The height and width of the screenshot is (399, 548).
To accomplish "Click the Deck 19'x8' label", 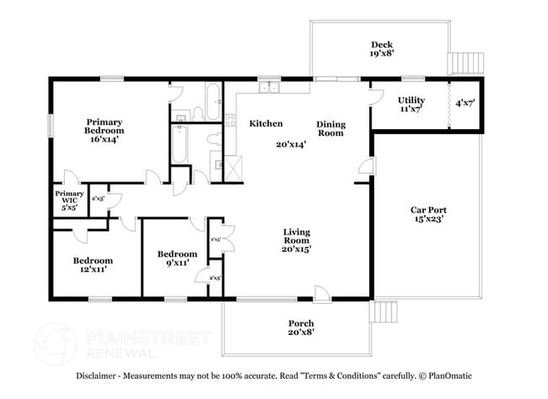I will pos(381,50).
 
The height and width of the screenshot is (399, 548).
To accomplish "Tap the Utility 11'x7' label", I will pos(411,105).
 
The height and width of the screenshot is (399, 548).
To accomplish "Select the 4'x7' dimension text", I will pos(465,104).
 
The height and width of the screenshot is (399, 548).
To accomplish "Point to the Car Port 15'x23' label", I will pos(427,214).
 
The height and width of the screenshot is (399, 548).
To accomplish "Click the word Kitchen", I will pos(266,124).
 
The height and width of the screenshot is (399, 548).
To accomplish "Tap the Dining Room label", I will pos(330,128).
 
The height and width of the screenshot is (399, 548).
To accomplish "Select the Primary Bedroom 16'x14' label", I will pos(104,131).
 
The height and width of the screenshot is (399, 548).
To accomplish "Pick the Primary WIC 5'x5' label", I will pos(69,200).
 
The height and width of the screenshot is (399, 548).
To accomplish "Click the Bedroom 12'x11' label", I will pos(92,266).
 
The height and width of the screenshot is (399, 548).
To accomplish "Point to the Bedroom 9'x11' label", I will pos(177,258).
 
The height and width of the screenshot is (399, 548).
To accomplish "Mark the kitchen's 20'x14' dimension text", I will pos(290,144).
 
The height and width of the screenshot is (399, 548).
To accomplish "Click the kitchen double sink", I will pos(270,86).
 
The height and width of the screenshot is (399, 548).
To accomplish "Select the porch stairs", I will pos(384,312).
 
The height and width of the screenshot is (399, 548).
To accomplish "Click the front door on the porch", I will pos(321,293).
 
